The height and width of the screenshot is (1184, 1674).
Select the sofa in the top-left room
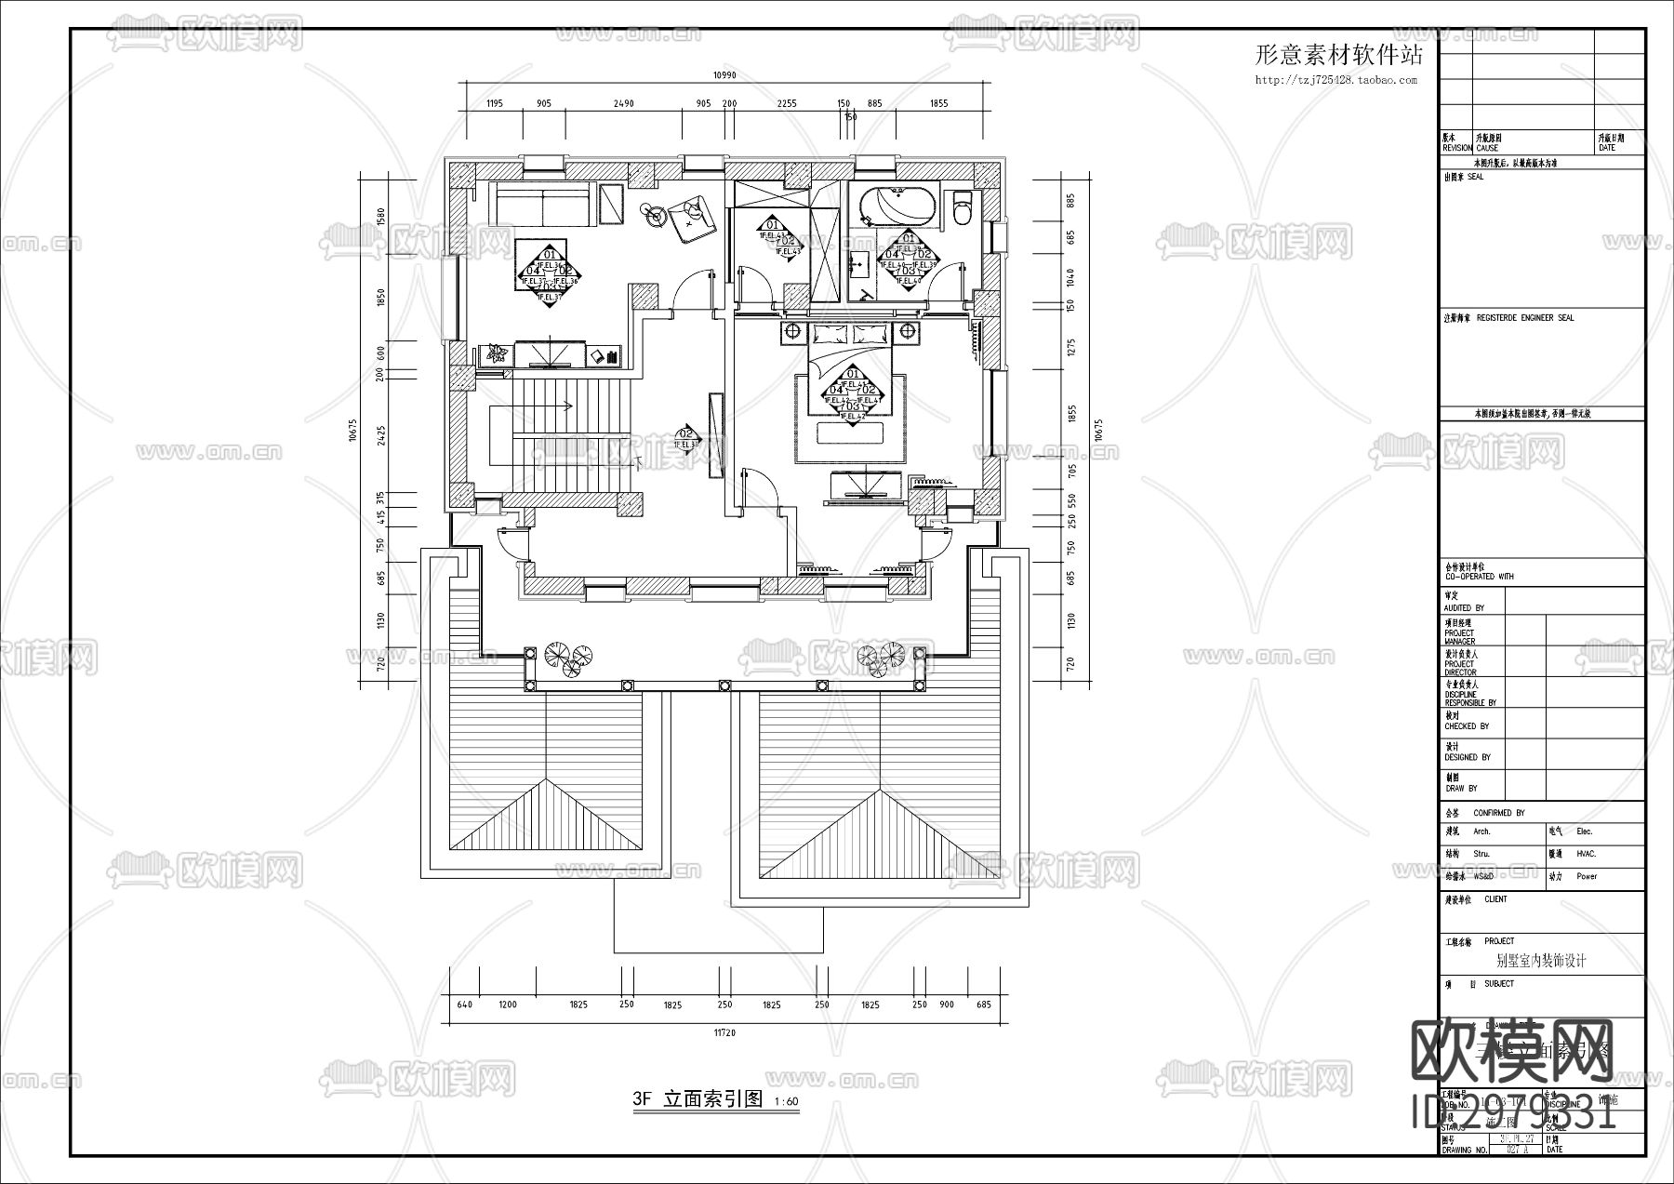point(541,204)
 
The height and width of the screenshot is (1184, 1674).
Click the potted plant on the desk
point(495,353)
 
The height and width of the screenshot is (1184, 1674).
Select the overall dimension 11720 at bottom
point(729,1031)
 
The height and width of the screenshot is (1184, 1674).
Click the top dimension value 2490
point(623,104)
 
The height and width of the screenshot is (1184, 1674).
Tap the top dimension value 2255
point(787,104)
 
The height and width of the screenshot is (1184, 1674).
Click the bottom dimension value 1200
point(508,1004)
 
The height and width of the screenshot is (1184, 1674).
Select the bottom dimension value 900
point(947,1004)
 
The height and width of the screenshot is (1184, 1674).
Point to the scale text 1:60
point(785,1102)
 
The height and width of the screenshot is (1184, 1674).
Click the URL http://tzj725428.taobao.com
point(1336,80)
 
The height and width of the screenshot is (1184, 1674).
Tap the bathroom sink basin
point(858,264)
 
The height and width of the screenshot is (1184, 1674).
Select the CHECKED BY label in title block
point(1467,725)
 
